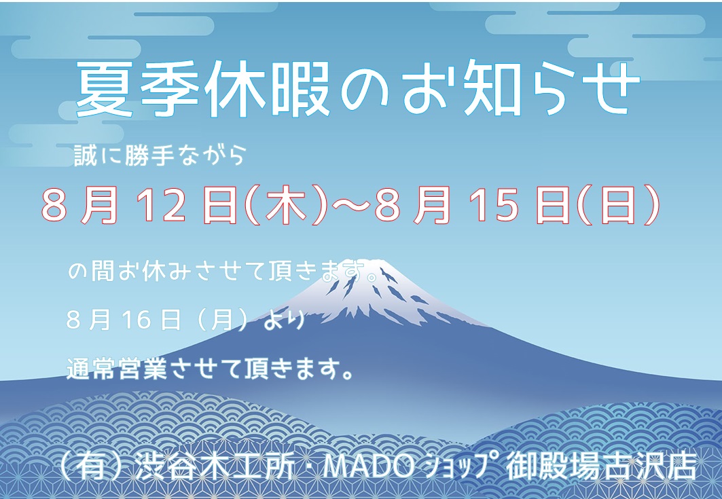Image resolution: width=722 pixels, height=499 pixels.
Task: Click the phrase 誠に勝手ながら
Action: pyautogui.click(x=159, y=156)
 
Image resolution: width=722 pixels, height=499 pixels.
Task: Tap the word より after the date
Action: pyautogui.click(x=284, y=320)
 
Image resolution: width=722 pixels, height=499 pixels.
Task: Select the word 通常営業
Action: pyautogui.click(x=117, y=369)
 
